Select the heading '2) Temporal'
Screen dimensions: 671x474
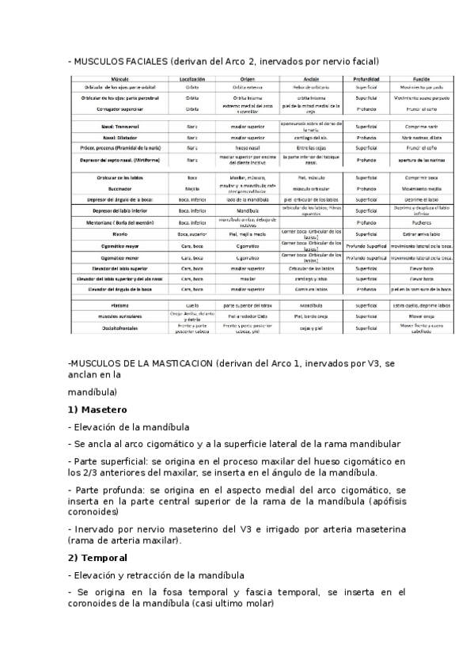pyautogui.click(x=99, y=557)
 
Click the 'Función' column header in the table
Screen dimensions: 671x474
pyautogui.click(x=420, y=80)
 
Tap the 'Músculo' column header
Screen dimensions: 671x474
pyautogui.click(x=121, y=80)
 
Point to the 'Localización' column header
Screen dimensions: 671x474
pyautogui.click(x=192, y=80)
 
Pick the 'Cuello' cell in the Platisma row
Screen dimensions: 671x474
pyautogui.click(x=192, y=304)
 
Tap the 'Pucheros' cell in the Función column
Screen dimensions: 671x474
pyautogui.click(x=420, y=223)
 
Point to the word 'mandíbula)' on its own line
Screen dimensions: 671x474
pyautogui.click(x=93, y=391)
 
